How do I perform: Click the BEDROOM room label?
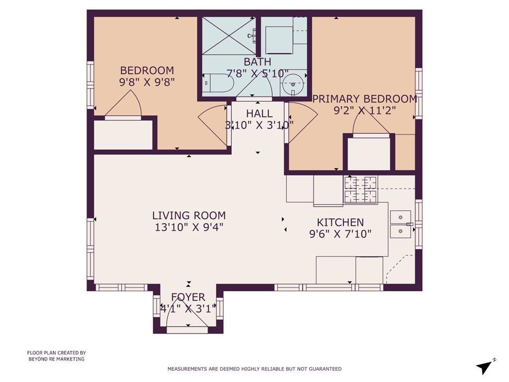click(147, 71)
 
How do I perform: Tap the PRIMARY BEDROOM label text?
click(365, 99)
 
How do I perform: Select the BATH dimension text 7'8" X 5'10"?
click(258, 74)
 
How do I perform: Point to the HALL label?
click(259, 114)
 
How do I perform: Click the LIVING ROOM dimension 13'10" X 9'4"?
click(189, 227)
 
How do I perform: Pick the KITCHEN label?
click(340, 222)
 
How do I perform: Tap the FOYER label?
click(188, 297)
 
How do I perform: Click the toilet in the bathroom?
click(219, 83)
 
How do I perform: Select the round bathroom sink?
click(293, 84)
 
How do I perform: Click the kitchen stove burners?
click(361, 190)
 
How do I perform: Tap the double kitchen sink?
click(401, 224)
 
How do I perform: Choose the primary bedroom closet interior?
click(368, 154)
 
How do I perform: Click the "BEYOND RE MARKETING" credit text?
click(57, 359)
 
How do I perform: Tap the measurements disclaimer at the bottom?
click(254, 369)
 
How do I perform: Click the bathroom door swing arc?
click(255, 83)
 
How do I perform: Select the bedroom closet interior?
click(123, 135)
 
